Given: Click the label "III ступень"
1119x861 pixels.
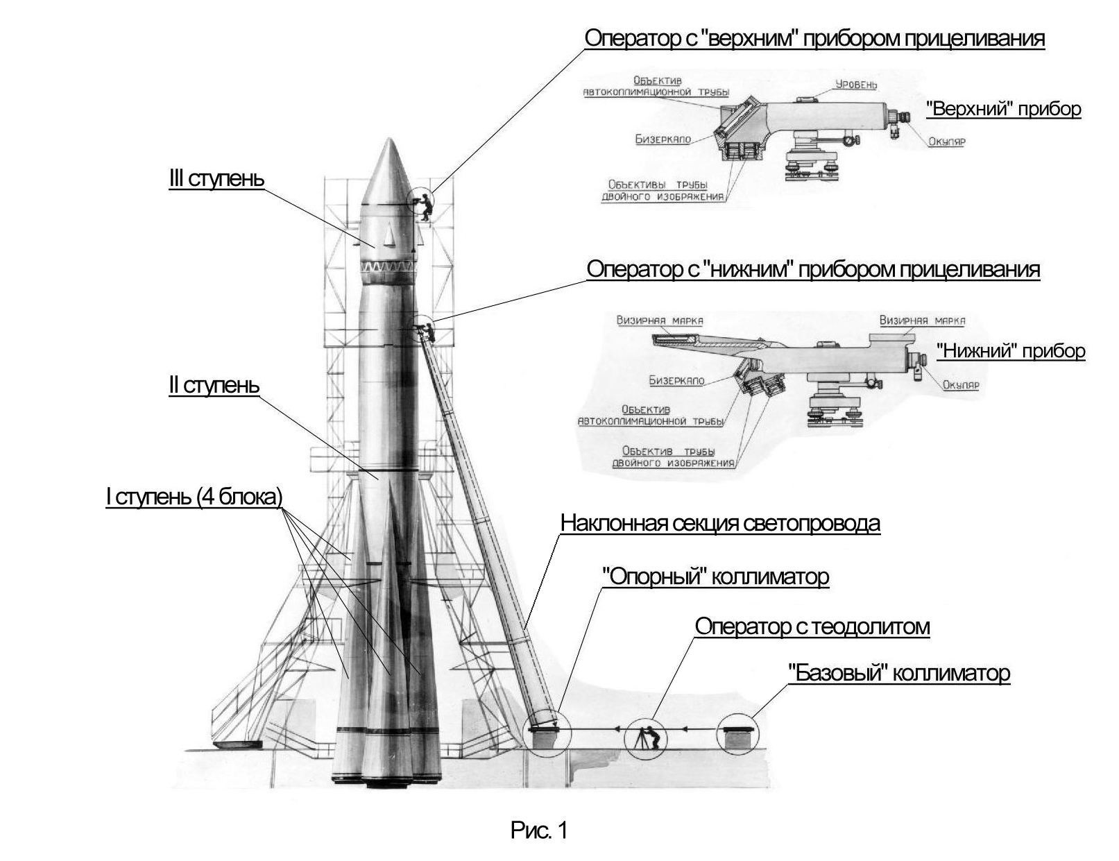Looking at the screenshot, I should pyautogui.click(x=216, y=178).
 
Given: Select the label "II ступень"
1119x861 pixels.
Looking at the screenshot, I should pyautogui.click(x=214, y=385).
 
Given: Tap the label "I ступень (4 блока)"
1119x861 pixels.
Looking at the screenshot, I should pyautogui.click(x=194, y=496).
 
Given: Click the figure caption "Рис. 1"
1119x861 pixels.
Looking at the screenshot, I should pyautogui.click(x=539, y=830).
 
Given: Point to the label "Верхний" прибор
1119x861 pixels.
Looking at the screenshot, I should pyautogui.click(x=1004, y=109).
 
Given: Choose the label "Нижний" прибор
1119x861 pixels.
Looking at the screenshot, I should pyautogui.click(x=1010, y=351).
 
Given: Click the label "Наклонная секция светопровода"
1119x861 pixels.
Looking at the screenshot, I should pyautogui.click(x=720, y=522).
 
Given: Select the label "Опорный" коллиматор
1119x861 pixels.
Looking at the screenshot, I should pyautogui.click(x=715, y=576).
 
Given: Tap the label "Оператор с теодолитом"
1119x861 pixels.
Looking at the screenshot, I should pyautogui.click(x=812, y=626).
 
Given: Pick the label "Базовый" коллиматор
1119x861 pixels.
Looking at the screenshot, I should pyautogui.click(x=898, y=672).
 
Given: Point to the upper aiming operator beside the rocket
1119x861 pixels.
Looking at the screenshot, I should pyautogui.click(x=422, y=205).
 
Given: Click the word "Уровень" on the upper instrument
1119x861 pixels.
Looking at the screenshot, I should pyautogui.click(x=855, y=85).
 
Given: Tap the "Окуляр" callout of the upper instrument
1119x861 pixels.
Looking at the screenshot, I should pyautogui.click(x=946, y=142).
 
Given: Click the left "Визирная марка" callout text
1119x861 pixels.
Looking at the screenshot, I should pyautogui.click(x=659, y=321).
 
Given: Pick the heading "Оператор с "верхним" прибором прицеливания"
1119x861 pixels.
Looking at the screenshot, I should pyautogui.click(x=814, y=38).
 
